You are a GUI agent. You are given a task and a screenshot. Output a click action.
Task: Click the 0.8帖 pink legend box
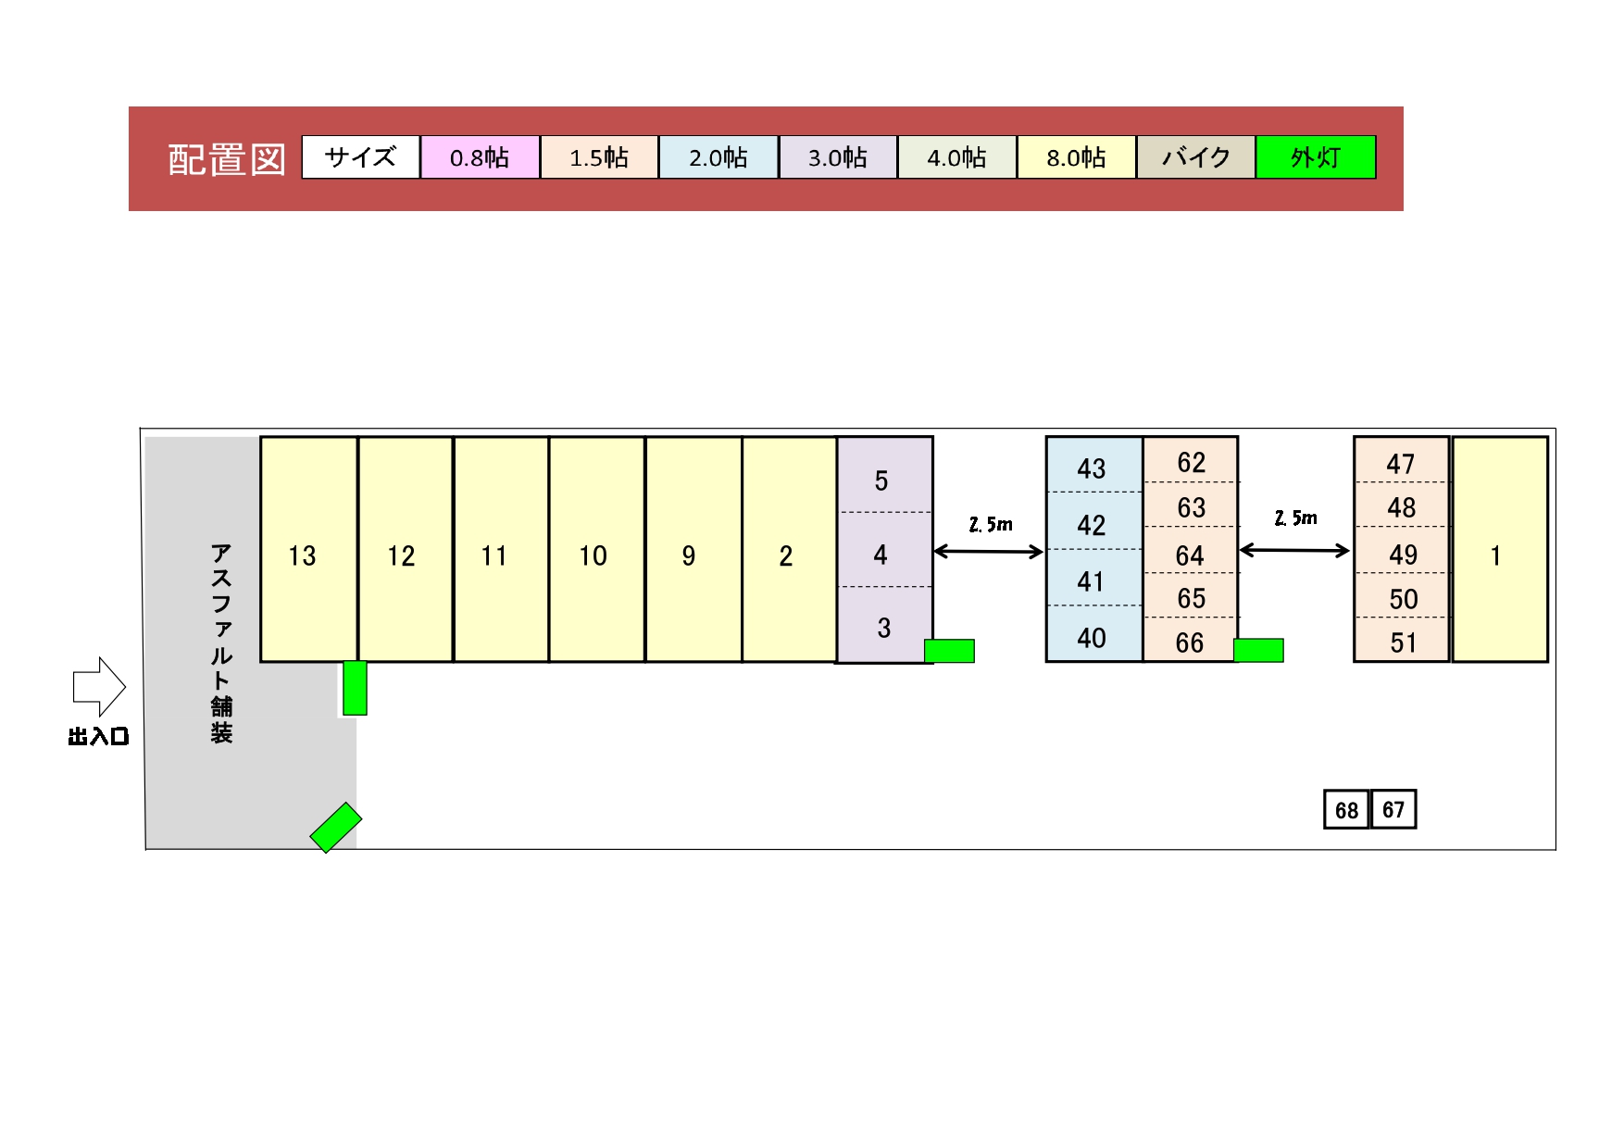point(480,157)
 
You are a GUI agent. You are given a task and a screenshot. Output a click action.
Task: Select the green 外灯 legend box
point(1316,157)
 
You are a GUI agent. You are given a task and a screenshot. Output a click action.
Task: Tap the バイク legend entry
point(1196,157)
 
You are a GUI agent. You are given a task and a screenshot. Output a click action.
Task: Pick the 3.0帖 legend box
point(838,157)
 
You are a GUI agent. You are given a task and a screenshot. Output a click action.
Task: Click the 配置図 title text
point(227,159)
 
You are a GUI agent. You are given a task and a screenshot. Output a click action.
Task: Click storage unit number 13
point(309,549)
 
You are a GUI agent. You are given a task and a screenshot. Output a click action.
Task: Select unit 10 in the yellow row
point(596,549)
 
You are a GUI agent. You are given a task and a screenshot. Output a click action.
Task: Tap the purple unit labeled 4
point(884,550)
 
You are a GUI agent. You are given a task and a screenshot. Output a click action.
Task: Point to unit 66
point(1190,640)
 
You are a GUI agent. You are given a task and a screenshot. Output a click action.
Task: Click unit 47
point(1401,460)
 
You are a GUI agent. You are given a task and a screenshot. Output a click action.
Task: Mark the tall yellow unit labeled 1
point(1500,549)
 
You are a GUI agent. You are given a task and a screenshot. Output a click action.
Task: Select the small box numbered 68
point(1346,810)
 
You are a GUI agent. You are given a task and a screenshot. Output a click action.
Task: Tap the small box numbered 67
point(1393,810)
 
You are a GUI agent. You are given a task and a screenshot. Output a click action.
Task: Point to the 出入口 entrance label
point(98,737)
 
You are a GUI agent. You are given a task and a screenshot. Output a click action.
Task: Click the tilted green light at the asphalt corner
point(335,828)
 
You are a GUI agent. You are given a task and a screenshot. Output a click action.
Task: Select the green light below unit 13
point(355,688)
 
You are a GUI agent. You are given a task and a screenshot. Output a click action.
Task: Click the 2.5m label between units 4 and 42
point(991,525)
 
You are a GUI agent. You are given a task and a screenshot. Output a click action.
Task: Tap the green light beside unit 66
point(1259,651)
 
